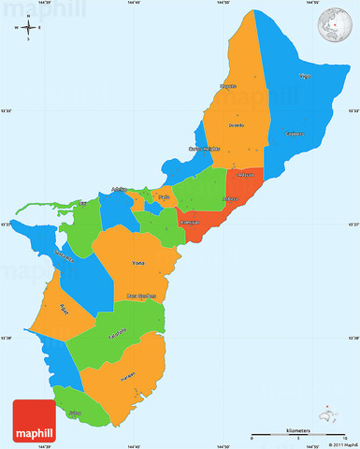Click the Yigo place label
(304, 75)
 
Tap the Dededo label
(237, 124)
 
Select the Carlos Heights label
(207, 148)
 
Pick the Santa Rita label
(65, 256)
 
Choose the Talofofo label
(117, 334)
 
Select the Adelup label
(119, 189)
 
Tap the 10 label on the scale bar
(345, 440)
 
